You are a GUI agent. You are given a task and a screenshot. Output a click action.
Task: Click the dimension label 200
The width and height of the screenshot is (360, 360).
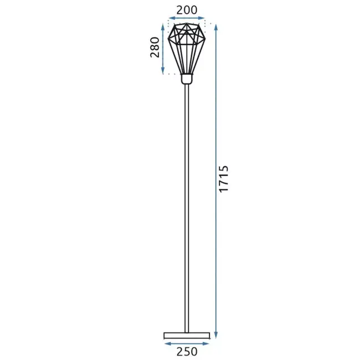coord(187,9)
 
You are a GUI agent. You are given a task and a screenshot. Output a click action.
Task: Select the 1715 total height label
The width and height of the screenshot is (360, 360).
coord(224,179)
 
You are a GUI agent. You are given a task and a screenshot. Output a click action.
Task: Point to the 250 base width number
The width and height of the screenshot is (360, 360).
coord(187,351)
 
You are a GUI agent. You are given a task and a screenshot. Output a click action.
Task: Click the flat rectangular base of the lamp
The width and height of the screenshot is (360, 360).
coord(187,335)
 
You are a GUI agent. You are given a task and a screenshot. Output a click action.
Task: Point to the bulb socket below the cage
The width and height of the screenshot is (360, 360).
coord(187,79)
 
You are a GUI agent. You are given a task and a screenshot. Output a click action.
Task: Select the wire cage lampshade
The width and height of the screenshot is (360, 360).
coord(187,47)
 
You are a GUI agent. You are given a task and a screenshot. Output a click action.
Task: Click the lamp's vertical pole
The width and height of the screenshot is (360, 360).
coord(187,210)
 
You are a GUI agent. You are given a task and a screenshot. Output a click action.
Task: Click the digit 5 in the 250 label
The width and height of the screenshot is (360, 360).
coord(187,351)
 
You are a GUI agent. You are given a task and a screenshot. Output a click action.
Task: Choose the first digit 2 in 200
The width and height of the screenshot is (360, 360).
coord(179,9)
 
